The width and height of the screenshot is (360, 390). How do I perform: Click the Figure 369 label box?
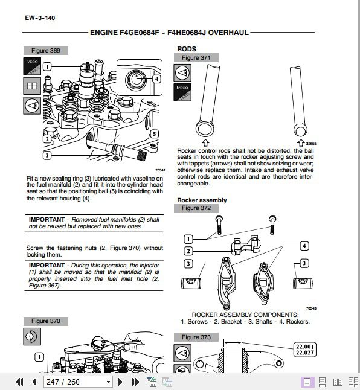click(x=46, y=51)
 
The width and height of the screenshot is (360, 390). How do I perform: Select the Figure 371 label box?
click(x=196, y=58)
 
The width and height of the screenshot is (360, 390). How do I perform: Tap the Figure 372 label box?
click(x=196, y=208)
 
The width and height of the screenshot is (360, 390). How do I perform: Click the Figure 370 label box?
click(x=46, y=321)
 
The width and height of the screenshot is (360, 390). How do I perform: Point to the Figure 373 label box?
click(x=196, y=337)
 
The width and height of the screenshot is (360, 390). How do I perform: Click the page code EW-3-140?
click(x=40, y=18)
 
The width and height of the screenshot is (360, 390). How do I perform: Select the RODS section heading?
click(x=187, y=49)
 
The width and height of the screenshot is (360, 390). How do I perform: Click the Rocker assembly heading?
click(x=202, y=200)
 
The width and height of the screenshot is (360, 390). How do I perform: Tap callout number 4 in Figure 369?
click(x=156, y=79)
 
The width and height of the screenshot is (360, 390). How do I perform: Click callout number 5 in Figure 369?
click(x=155, y=134)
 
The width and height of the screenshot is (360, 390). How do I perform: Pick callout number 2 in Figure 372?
click(x=188, y=251)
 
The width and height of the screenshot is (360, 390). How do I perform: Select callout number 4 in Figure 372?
click(x=304, y=246)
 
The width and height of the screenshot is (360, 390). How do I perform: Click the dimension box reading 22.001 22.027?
click(x=305, y=350)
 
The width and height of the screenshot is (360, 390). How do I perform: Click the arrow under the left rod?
click(x=205, y=142)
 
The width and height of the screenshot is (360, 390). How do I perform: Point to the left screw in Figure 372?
click(x=219, y=225)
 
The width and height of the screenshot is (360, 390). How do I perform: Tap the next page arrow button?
click(x=120, y=382)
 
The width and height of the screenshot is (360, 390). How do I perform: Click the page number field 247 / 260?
click(x=78, y=382)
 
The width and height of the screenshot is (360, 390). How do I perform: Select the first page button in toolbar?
click(x=20, y=382)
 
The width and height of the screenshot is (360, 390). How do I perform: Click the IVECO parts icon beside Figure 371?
click(x=182, y=92)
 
